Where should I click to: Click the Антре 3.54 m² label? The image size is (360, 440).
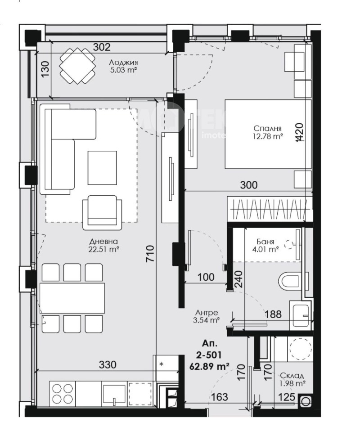pyautogui.click(x=207, y=317)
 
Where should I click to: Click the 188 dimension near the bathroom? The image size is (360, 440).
pyautogui.click(x=273, y=314)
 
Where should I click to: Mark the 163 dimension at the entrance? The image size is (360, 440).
pyautogui.click(x=218, y=397)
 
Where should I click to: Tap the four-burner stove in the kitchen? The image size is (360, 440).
pyautogui.click(x=62, y=393)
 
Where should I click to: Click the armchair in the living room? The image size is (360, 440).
pyautogui.click(x=101, y=211)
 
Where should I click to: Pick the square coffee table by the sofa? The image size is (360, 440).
pyautogui.click(x=102, y=167)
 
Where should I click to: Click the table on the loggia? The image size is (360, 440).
pyautogui.click(x=78, y=66)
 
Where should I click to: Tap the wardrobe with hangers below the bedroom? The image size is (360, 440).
pyautogui.click(x=269, y=209)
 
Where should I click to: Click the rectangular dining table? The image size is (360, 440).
pyautogui.click(x=72, y=298)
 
